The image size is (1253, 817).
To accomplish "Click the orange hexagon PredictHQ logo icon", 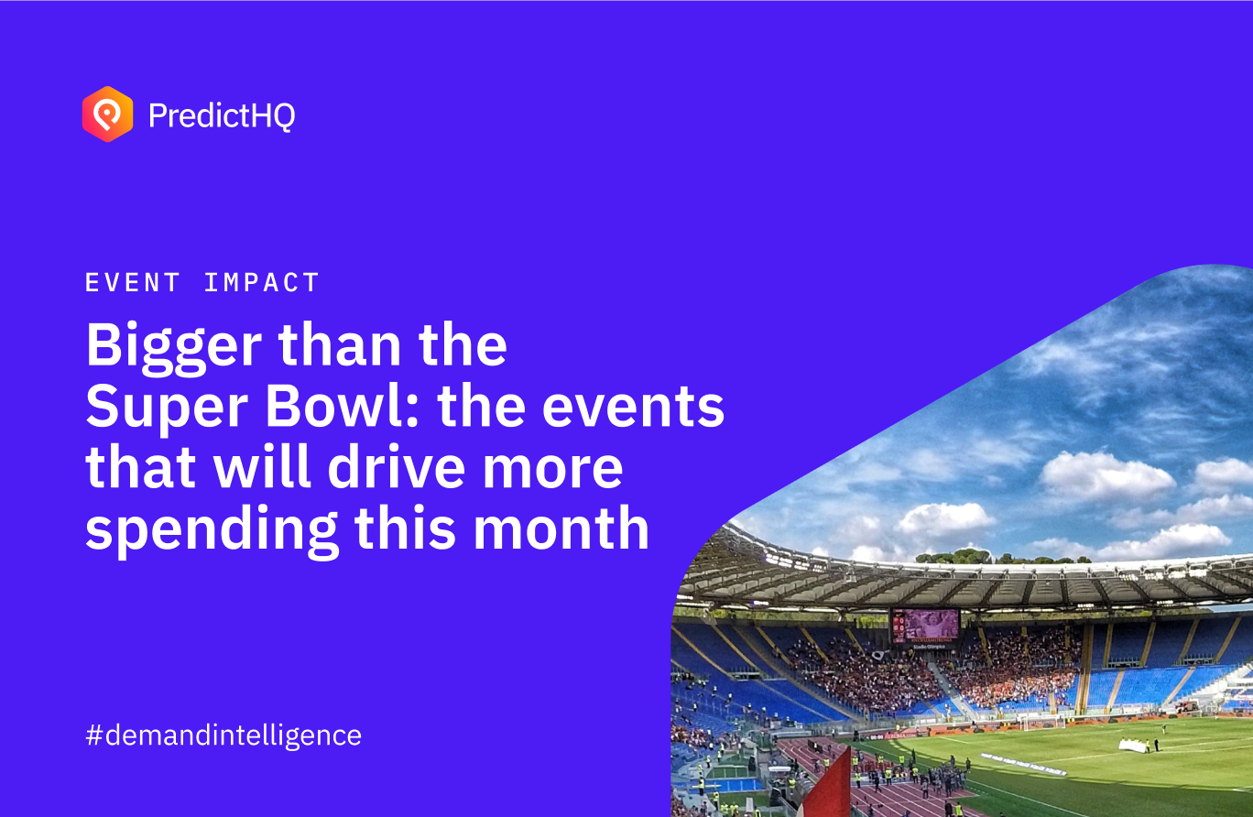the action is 107,114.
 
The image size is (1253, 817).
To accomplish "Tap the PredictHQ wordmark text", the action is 222,115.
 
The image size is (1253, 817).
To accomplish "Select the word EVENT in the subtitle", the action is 133,282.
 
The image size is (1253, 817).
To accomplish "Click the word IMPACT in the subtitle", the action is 262,282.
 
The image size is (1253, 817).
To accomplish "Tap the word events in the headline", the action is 633,408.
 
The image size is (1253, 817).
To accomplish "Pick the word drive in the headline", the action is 396,466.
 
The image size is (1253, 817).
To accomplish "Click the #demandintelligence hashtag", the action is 223,735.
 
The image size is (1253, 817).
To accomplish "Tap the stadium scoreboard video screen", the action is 925,626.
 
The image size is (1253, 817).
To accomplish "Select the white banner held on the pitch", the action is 1133,746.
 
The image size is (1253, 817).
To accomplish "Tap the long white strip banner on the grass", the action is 1023,764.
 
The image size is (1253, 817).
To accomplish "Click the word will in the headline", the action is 262,466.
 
